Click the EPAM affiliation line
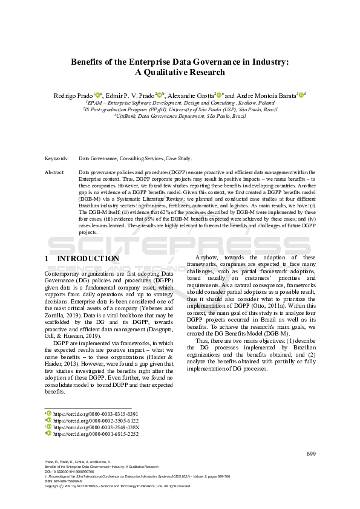point(180,103)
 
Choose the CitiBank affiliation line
point(180,116)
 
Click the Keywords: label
point(56,158)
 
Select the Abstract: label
point(55,172)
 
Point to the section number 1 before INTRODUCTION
point(47,259)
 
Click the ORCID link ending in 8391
point(87,413)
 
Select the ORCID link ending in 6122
point(87,420)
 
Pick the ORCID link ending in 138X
point(87,427)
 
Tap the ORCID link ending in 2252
point(87,433)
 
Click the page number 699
point(311,454)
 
